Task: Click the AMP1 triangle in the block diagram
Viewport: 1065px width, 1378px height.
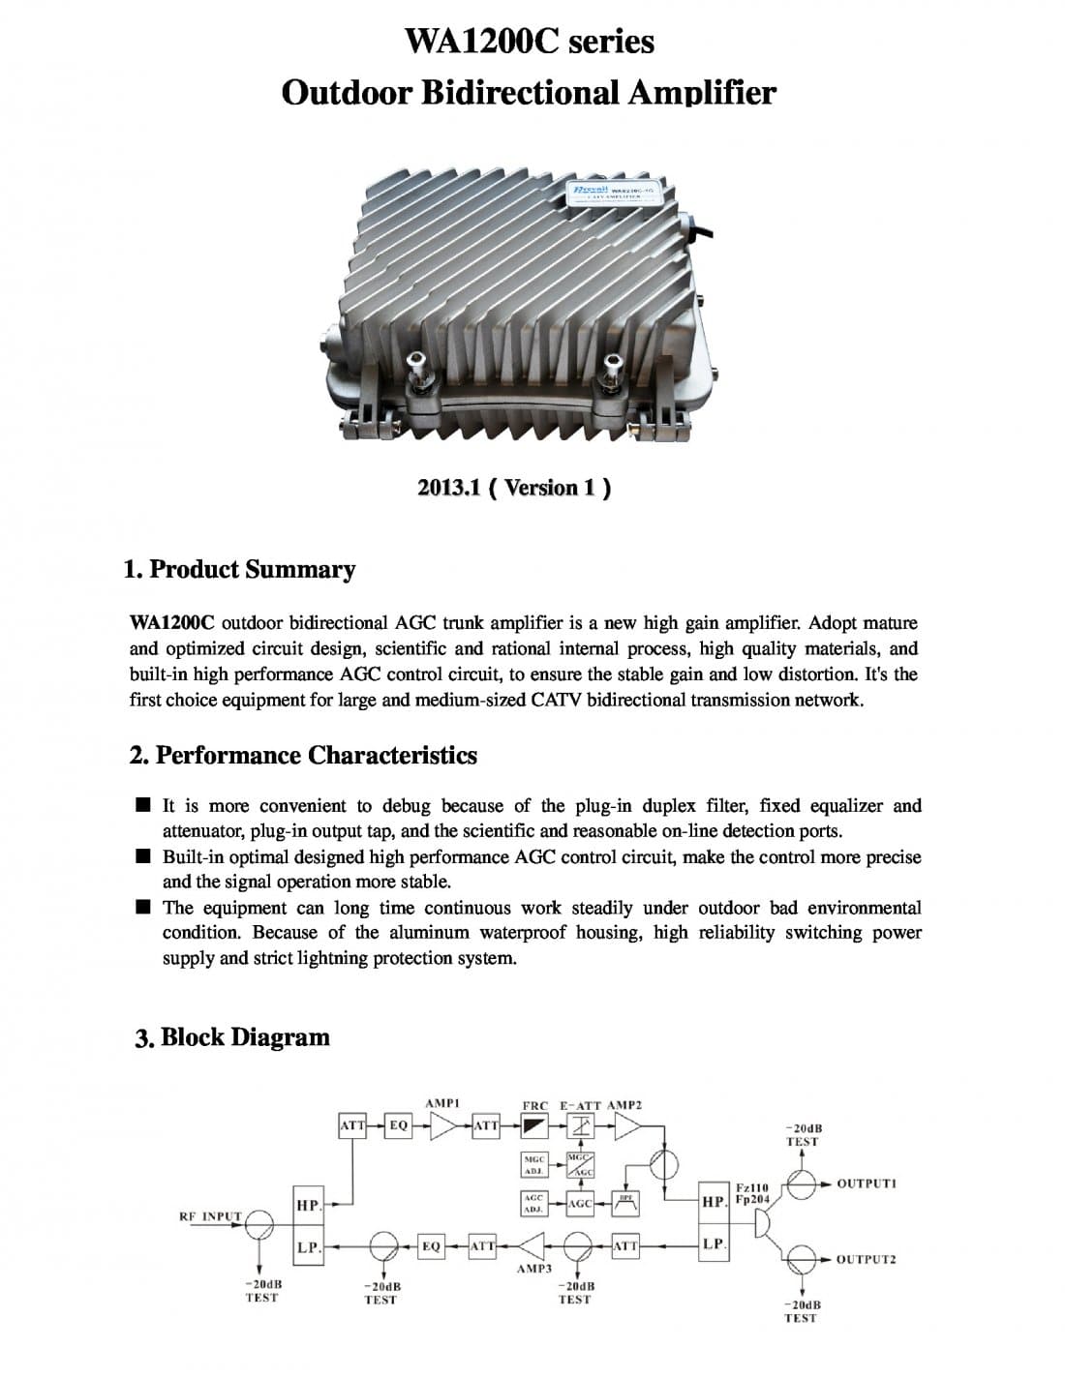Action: tap(444, 1126)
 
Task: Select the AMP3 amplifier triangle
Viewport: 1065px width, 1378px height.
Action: tap(532, 1245)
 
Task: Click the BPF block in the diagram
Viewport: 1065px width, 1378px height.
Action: tap(625, 1203)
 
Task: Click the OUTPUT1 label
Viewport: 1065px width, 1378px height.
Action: tap(867, 1183)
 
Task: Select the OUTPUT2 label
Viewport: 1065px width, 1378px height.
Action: tap(867, 1259)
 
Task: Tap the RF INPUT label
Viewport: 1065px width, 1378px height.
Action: tap(210, 1216)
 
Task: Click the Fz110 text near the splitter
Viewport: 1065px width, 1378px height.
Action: tap(752, 1187)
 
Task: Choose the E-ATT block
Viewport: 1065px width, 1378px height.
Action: tap(580, 1126)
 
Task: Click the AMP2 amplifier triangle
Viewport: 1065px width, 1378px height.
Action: tap(628, 1126)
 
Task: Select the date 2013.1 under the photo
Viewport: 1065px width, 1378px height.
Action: tap(449, 488)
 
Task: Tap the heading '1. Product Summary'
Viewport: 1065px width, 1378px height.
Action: tap(240, 569)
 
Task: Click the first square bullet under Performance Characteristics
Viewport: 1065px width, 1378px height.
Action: tap(143, 805)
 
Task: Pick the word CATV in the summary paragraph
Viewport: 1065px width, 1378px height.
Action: tap(558, 700)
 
